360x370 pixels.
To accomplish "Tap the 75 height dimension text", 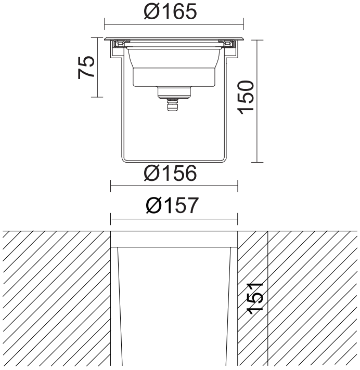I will coord(86,67).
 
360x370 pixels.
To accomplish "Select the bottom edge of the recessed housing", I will coord(174,161).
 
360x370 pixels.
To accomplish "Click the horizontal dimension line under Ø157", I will coord(174,218).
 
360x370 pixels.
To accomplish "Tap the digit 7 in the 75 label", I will coord(86,74).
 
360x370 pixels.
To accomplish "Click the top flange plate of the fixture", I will coord(174,39).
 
